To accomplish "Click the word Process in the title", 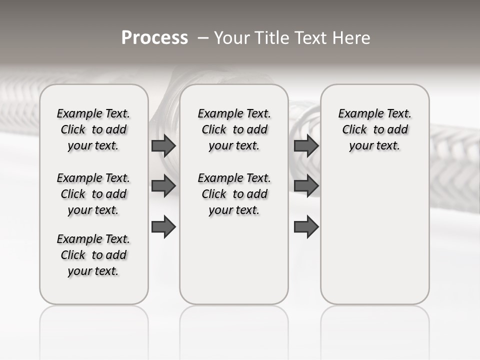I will [154, 38].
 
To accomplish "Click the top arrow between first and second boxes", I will [163, 145].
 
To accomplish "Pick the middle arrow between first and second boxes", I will [163, 186].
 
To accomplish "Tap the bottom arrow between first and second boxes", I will [163, 226].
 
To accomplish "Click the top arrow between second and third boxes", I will [306, 145].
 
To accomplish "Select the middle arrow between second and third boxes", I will [306, 186].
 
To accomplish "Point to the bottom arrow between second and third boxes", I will [306, 226].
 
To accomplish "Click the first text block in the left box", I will [93, 129].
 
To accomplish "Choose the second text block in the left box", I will [93, 194].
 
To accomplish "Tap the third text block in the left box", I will [93, 255].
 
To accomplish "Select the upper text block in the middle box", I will [234, 129].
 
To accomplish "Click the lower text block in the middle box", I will [234, 194].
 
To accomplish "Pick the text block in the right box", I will [374, 129].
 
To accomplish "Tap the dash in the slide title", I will [203, 38].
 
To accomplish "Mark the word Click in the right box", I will [354, 130].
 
